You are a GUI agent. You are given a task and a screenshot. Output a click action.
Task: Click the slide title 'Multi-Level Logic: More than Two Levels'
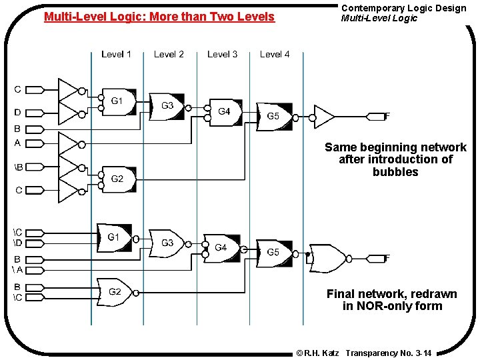pos(159,17)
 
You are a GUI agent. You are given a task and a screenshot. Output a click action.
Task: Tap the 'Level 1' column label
pos(116,54)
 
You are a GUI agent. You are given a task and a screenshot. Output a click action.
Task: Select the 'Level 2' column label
pos(169,54)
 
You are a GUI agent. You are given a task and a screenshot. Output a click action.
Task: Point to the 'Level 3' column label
pos(222,54)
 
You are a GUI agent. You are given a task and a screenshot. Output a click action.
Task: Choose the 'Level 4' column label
pos(275,54)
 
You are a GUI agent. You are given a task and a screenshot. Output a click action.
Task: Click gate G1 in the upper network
pos(117,101)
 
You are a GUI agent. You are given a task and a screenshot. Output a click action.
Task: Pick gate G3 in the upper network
pos(167,106)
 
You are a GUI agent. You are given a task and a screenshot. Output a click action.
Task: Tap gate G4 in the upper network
pos(224,111)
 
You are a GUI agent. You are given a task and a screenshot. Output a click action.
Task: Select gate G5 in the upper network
pos(273,117)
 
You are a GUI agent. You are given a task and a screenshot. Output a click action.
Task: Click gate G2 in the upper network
pos(117,179)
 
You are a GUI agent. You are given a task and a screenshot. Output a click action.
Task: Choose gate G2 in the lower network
pos(115,291)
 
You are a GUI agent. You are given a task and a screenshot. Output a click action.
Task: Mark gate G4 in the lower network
pos(221,248)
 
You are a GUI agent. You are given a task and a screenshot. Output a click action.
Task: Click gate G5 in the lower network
pos(273,252)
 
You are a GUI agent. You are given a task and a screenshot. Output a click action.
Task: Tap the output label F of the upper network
pos(387,116)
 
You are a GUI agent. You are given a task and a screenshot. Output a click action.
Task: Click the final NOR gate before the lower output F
pos(328,259)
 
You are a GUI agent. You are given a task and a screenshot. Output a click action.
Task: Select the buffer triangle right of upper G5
pos(323,116)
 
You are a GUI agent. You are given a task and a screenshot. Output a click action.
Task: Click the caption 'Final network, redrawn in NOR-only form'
pos(392,300)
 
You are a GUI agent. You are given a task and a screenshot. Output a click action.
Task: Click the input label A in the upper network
pos(17,142)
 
